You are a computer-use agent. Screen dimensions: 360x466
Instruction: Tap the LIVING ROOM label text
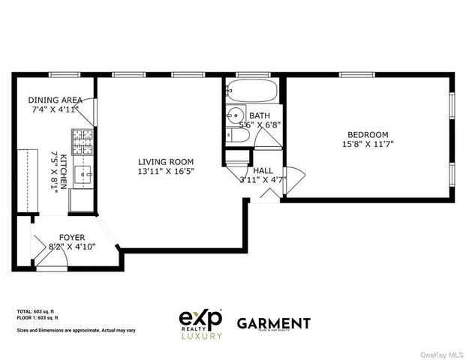pos(166,161)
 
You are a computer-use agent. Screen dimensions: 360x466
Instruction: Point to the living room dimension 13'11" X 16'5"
pos(166,172)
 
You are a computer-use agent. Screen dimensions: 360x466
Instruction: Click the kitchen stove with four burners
pos(82,139)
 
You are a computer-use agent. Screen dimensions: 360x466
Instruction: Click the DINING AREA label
pos(56,100)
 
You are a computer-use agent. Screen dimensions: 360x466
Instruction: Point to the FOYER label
pos(73,237)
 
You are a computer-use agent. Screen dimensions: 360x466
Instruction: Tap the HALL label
pos(263,170)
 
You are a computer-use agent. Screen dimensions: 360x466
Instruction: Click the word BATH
pos(260,115)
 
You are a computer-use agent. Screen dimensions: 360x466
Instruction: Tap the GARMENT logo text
pos(273,323)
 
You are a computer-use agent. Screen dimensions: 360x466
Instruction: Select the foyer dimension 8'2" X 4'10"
pos(73,247)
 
